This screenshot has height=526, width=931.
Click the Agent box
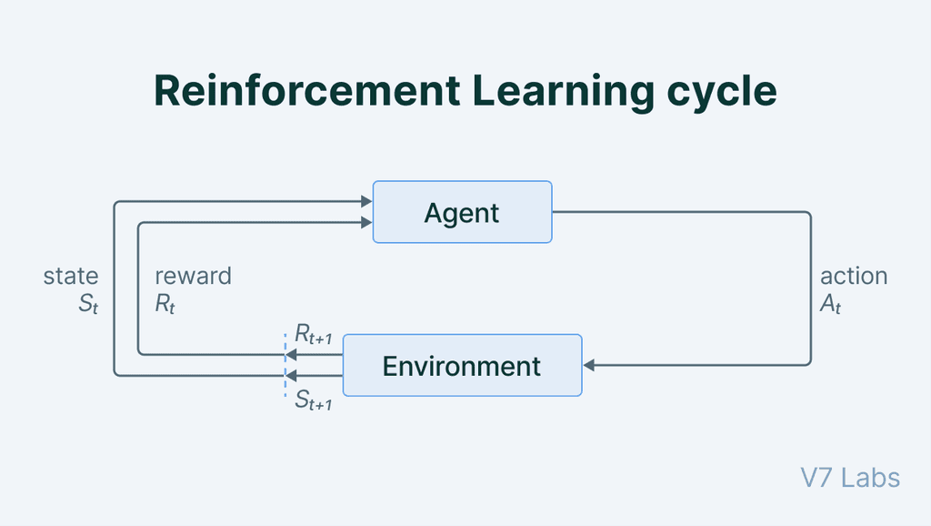[462, 212]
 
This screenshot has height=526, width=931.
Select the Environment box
[462, 365]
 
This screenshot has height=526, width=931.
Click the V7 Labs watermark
[850, 478]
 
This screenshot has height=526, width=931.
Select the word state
[71, 276]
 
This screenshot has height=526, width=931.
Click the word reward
[193, 276]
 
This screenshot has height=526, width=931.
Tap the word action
[854, 276]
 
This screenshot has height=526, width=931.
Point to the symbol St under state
[87, 305]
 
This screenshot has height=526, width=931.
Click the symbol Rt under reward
[165, 305]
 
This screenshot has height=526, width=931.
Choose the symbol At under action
[831, 305]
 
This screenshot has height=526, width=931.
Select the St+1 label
[313, 400]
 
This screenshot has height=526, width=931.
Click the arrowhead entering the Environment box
[589, 365]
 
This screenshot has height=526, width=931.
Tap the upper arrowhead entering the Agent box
[366, 202]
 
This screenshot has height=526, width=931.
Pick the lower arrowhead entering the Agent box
[366, 222]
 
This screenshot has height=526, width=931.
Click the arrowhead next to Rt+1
[292, 354]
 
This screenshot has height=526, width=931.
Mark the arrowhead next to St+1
[292, 374]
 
